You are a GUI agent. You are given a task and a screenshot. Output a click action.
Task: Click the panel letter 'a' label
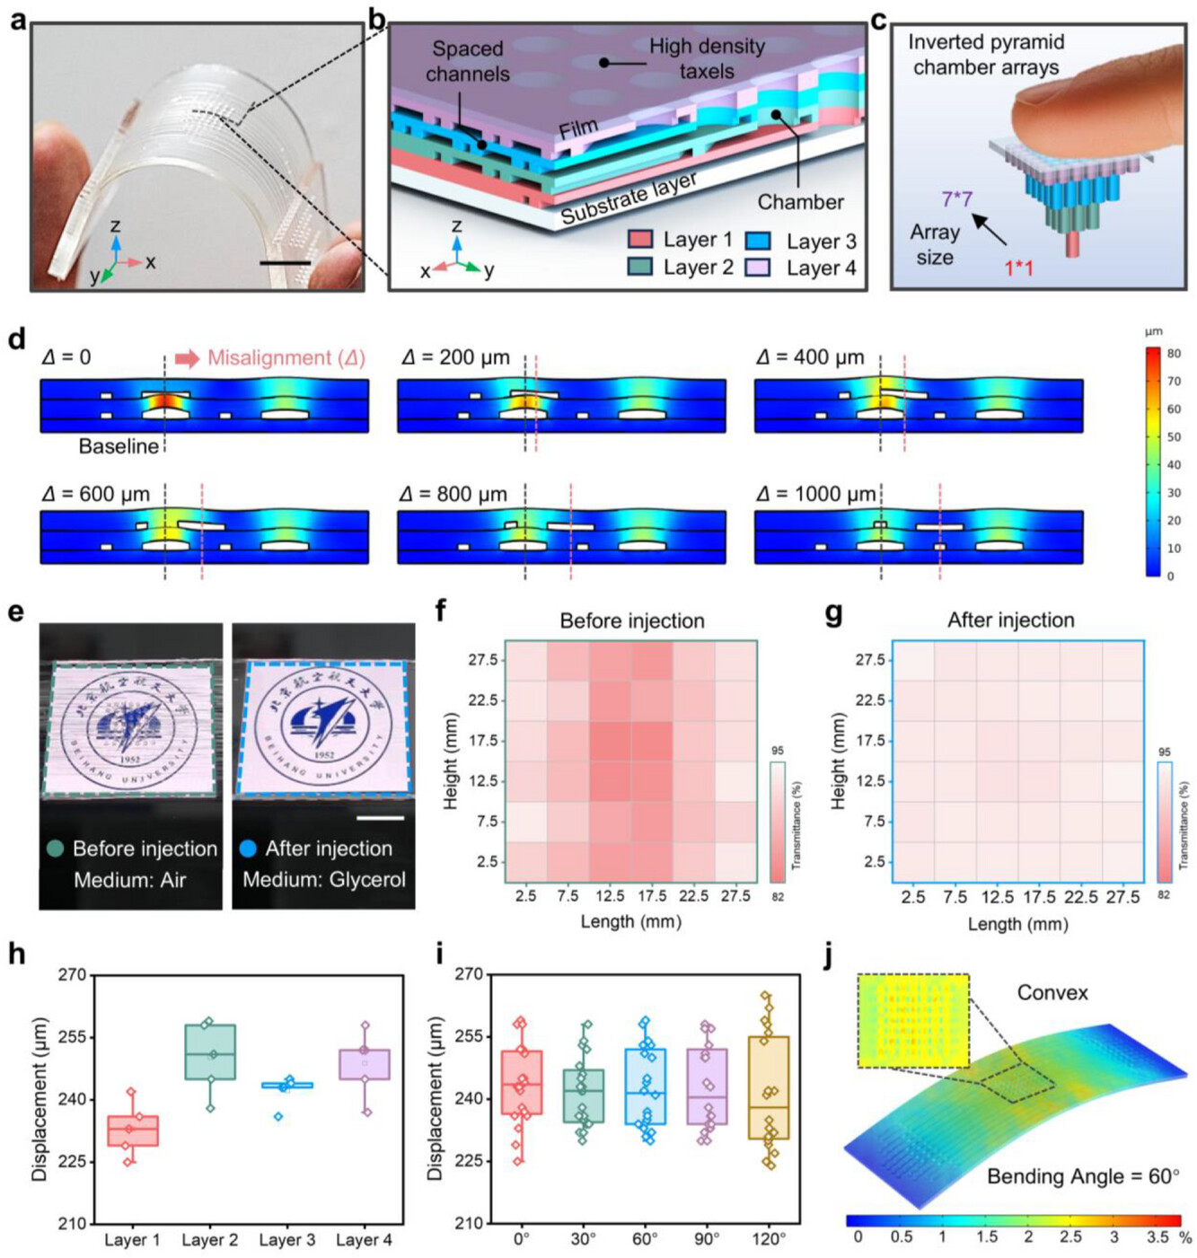click(18, 18)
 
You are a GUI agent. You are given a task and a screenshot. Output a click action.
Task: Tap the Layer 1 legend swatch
click(639, 240)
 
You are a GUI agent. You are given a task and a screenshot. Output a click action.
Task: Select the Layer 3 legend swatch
click(759, 241)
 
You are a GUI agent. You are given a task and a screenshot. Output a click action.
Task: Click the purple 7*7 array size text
click(956, 198)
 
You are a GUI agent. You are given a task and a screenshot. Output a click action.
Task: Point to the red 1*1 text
click(1017, 267)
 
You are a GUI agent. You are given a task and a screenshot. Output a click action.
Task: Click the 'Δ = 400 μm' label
click(810, 357)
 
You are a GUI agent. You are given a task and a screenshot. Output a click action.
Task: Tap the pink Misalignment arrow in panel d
click(187, 358)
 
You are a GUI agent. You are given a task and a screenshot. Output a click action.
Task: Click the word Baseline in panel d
click(118, 446)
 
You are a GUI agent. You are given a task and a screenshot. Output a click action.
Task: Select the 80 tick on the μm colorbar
click(1174, 354)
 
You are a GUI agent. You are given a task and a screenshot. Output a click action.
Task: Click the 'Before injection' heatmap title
click(631, 620)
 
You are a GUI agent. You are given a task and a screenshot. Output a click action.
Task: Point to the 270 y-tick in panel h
click(72, 974)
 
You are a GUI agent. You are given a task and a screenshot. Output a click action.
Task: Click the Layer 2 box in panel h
click(210, 1052)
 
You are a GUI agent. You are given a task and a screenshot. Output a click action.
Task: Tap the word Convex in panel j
click(1052, 992)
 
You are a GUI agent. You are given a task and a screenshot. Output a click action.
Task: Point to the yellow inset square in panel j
click(913, 1021)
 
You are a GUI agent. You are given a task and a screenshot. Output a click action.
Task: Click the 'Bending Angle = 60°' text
click(1082, 1176)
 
